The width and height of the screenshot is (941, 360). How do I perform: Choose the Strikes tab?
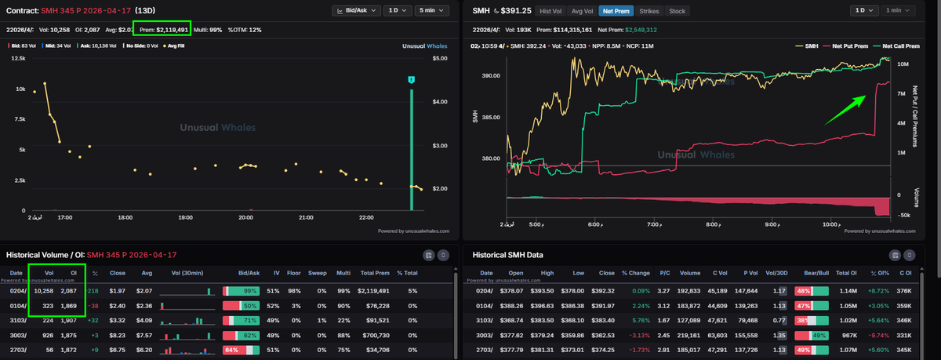point(649,11)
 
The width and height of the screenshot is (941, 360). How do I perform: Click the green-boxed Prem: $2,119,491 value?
point(162,30)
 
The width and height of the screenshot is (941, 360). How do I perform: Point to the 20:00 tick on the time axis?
point(245,217)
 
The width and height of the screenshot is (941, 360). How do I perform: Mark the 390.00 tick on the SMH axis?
point(491,76)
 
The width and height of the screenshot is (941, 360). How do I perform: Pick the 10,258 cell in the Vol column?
point(42,291)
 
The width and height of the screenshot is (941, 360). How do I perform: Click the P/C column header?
point(663,274)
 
